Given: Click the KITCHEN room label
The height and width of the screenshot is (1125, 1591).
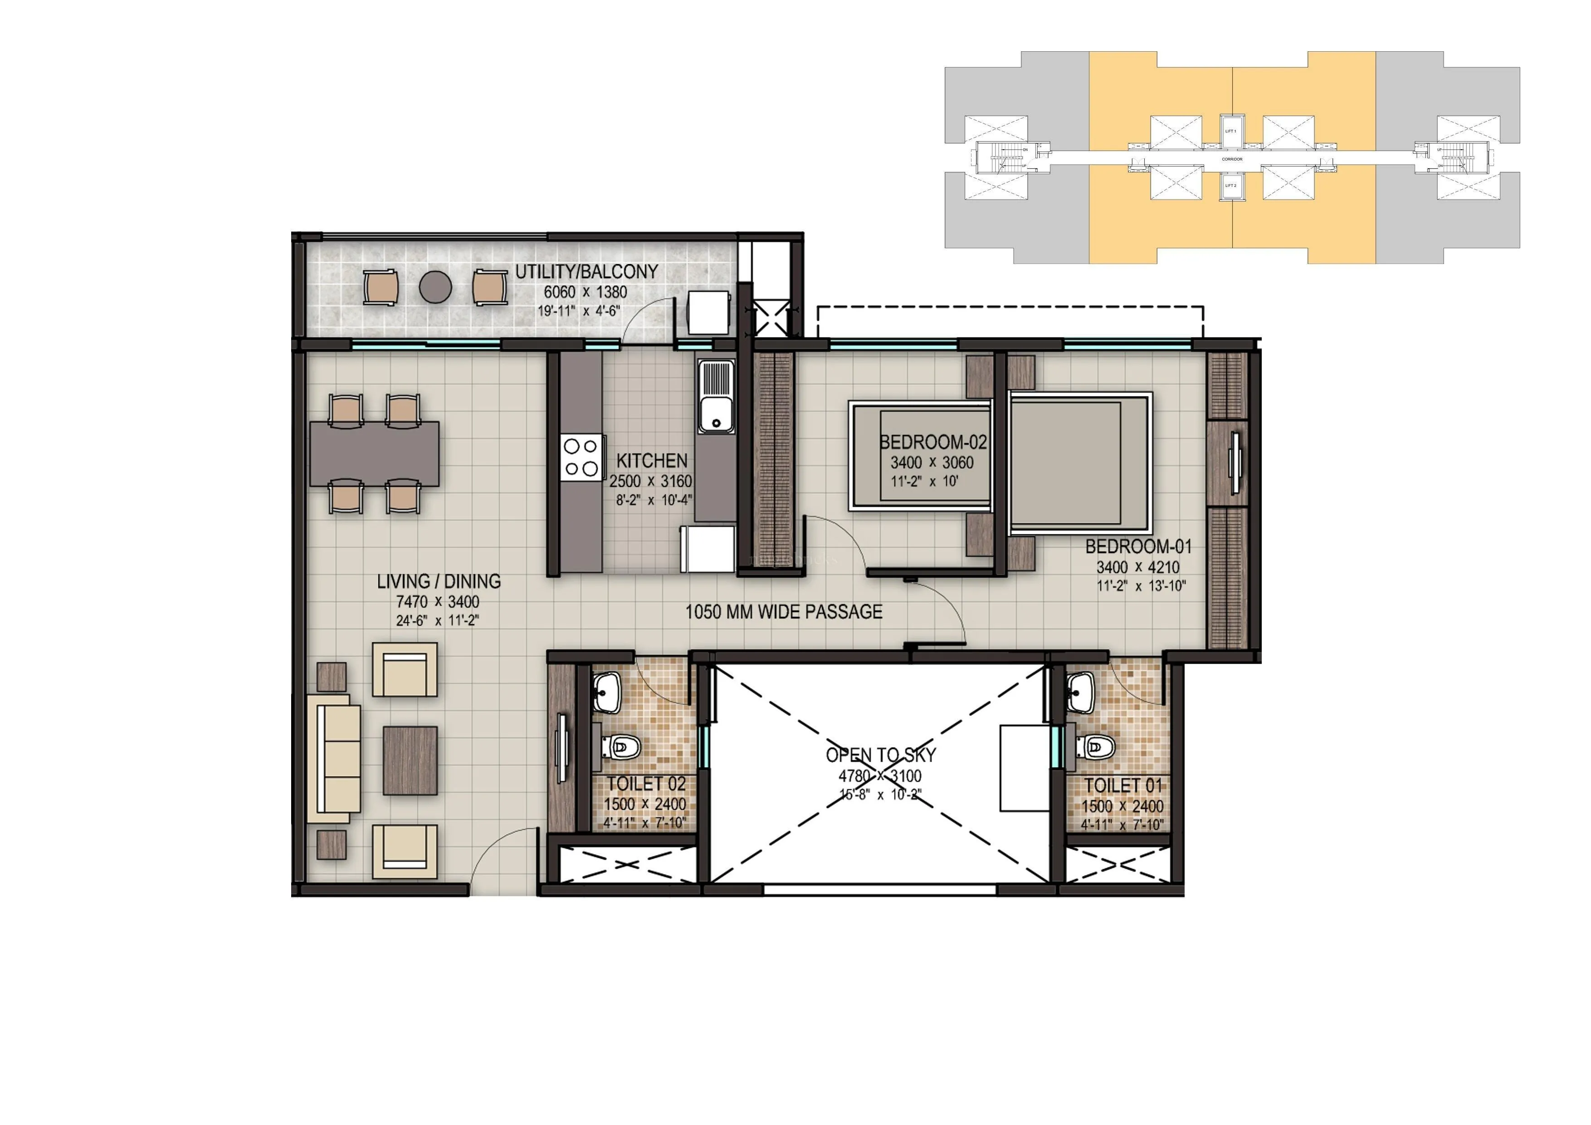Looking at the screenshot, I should pos(651,461).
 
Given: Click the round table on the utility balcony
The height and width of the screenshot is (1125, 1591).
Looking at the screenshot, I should pos(435,286).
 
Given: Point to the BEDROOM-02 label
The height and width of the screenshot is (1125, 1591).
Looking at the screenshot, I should pos(933,442).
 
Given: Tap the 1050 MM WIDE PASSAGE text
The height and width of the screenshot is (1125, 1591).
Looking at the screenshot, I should pos(784,612).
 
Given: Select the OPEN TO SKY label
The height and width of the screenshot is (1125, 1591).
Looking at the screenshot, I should pos(881,756).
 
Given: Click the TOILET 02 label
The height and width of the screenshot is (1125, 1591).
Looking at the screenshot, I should pos(646,784).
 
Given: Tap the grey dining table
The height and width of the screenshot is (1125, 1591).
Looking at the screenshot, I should pos(374,453).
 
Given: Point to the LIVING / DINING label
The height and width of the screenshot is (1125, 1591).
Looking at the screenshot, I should pos(438,582).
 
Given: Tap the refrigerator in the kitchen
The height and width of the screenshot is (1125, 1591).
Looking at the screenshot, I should pos(708,549).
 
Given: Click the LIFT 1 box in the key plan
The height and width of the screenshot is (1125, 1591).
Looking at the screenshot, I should pos(1231,131).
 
